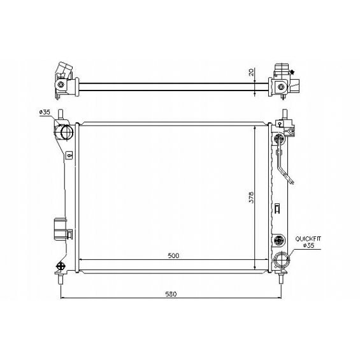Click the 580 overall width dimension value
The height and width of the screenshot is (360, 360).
pos(171,294)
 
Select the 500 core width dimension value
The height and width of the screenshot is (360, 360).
pos(173,256)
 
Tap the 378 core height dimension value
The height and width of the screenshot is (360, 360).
pos(252,198)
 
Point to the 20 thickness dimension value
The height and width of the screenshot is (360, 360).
pos(251,72)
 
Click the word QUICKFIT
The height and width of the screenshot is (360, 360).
pos(308,239)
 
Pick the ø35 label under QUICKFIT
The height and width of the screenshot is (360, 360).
pos(308,245)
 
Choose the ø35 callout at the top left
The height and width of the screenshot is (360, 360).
pos(45,112)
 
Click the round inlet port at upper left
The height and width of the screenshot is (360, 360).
pos(67,132)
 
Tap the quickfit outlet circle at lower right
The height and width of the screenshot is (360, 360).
pos(282,260)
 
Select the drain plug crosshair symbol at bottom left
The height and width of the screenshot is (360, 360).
pos(61,266)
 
